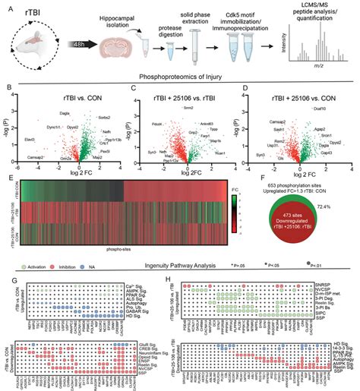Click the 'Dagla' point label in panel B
[x=55, y=114]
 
